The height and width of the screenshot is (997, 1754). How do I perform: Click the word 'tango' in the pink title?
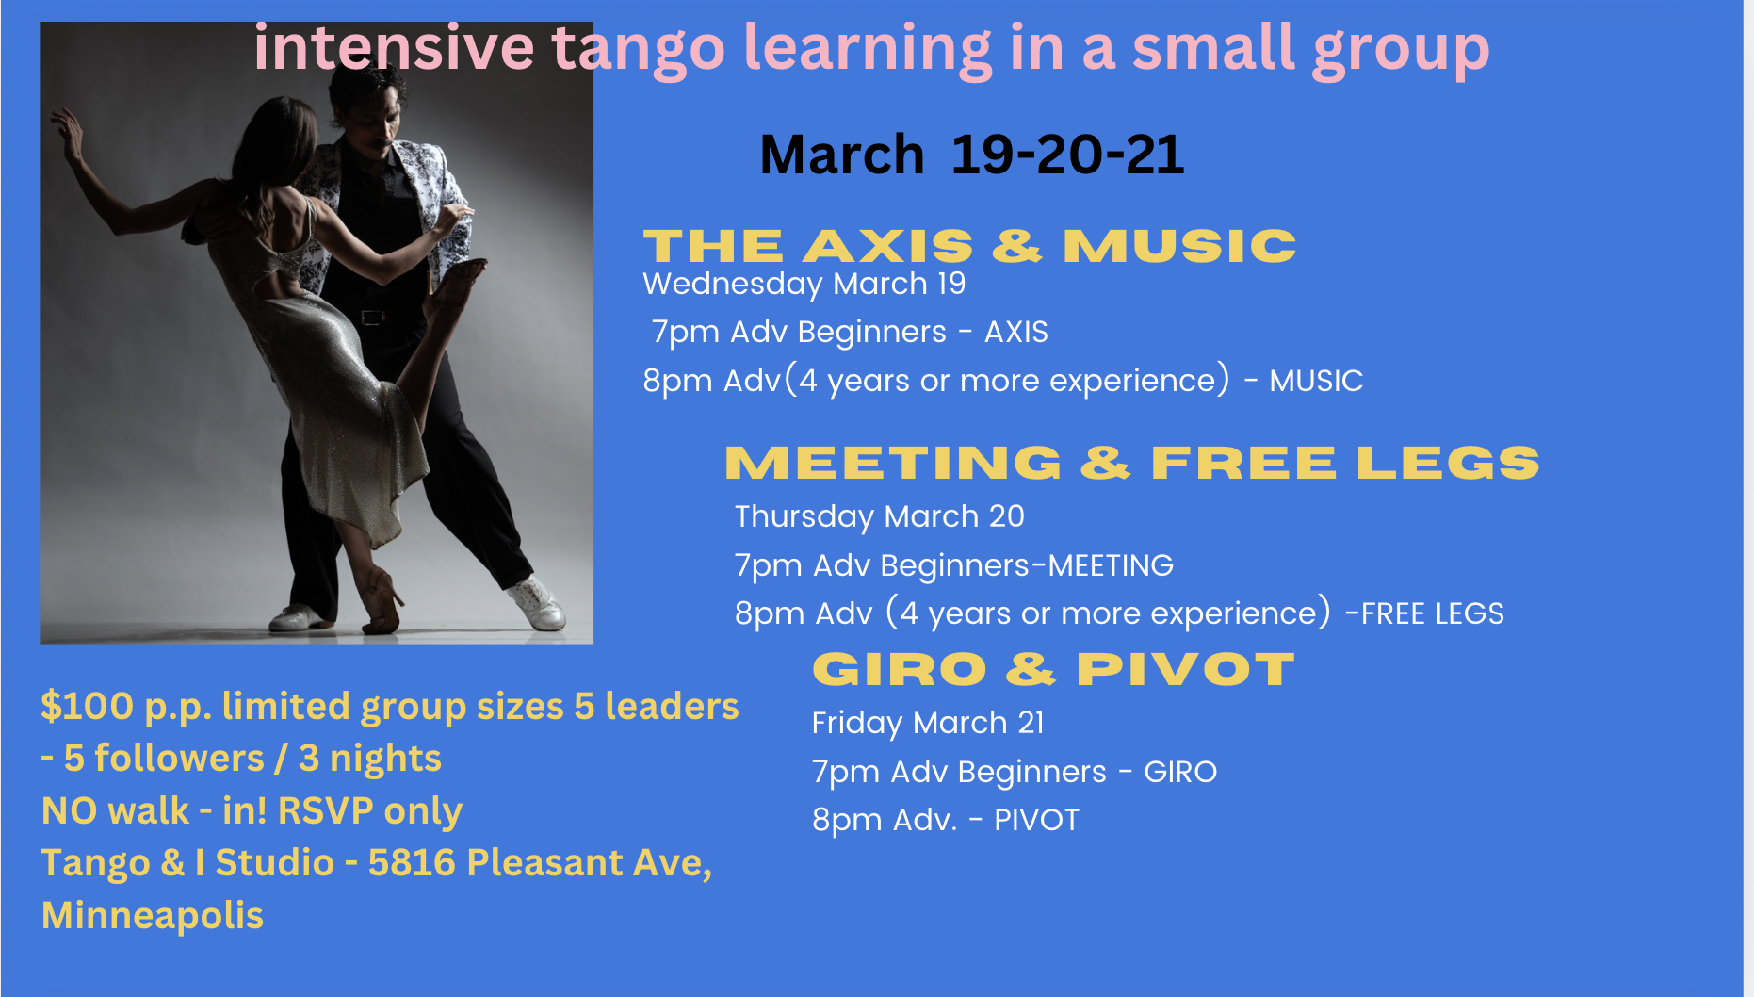(638, 49)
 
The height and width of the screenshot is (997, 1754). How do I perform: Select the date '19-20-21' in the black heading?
(1067, 155)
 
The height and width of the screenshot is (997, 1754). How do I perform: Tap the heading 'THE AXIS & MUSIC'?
(970, 246)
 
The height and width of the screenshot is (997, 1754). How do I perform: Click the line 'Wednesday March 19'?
(804, 284)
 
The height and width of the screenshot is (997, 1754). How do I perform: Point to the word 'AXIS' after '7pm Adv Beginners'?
(1016, 332)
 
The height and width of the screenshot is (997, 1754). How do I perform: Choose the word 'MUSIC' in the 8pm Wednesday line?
(1316, 381)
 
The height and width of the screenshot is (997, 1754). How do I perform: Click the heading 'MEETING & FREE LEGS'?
(1132, 463)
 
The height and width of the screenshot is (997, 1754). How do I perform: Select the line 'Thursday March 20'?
(879, 516)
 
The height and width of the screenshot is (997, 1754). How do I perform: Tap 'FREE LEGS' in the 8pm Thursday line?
(1433, 613)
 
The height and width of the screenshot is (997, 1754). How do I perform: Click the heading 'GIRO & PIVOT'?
(1053, 670)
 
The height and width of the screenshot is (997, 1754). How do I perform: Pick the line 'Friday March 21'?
(928, 723)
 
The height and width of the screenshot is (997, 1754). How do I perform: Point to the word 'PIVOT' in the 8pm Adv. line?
(1036, 820)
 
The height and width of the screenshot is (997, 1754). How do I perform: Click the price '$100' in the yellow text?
(87, 706)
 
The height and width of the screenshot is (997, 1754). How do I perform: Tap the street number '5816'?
(412, 862)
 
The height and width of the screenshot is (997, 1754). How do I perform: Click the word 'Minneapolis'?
(153, 916)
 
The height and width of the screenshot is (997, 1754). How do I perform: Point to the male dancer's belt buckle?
(373, 317)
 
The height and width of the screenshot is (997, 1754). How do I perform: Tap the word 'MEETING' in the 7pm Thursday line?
(1111, 565)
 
